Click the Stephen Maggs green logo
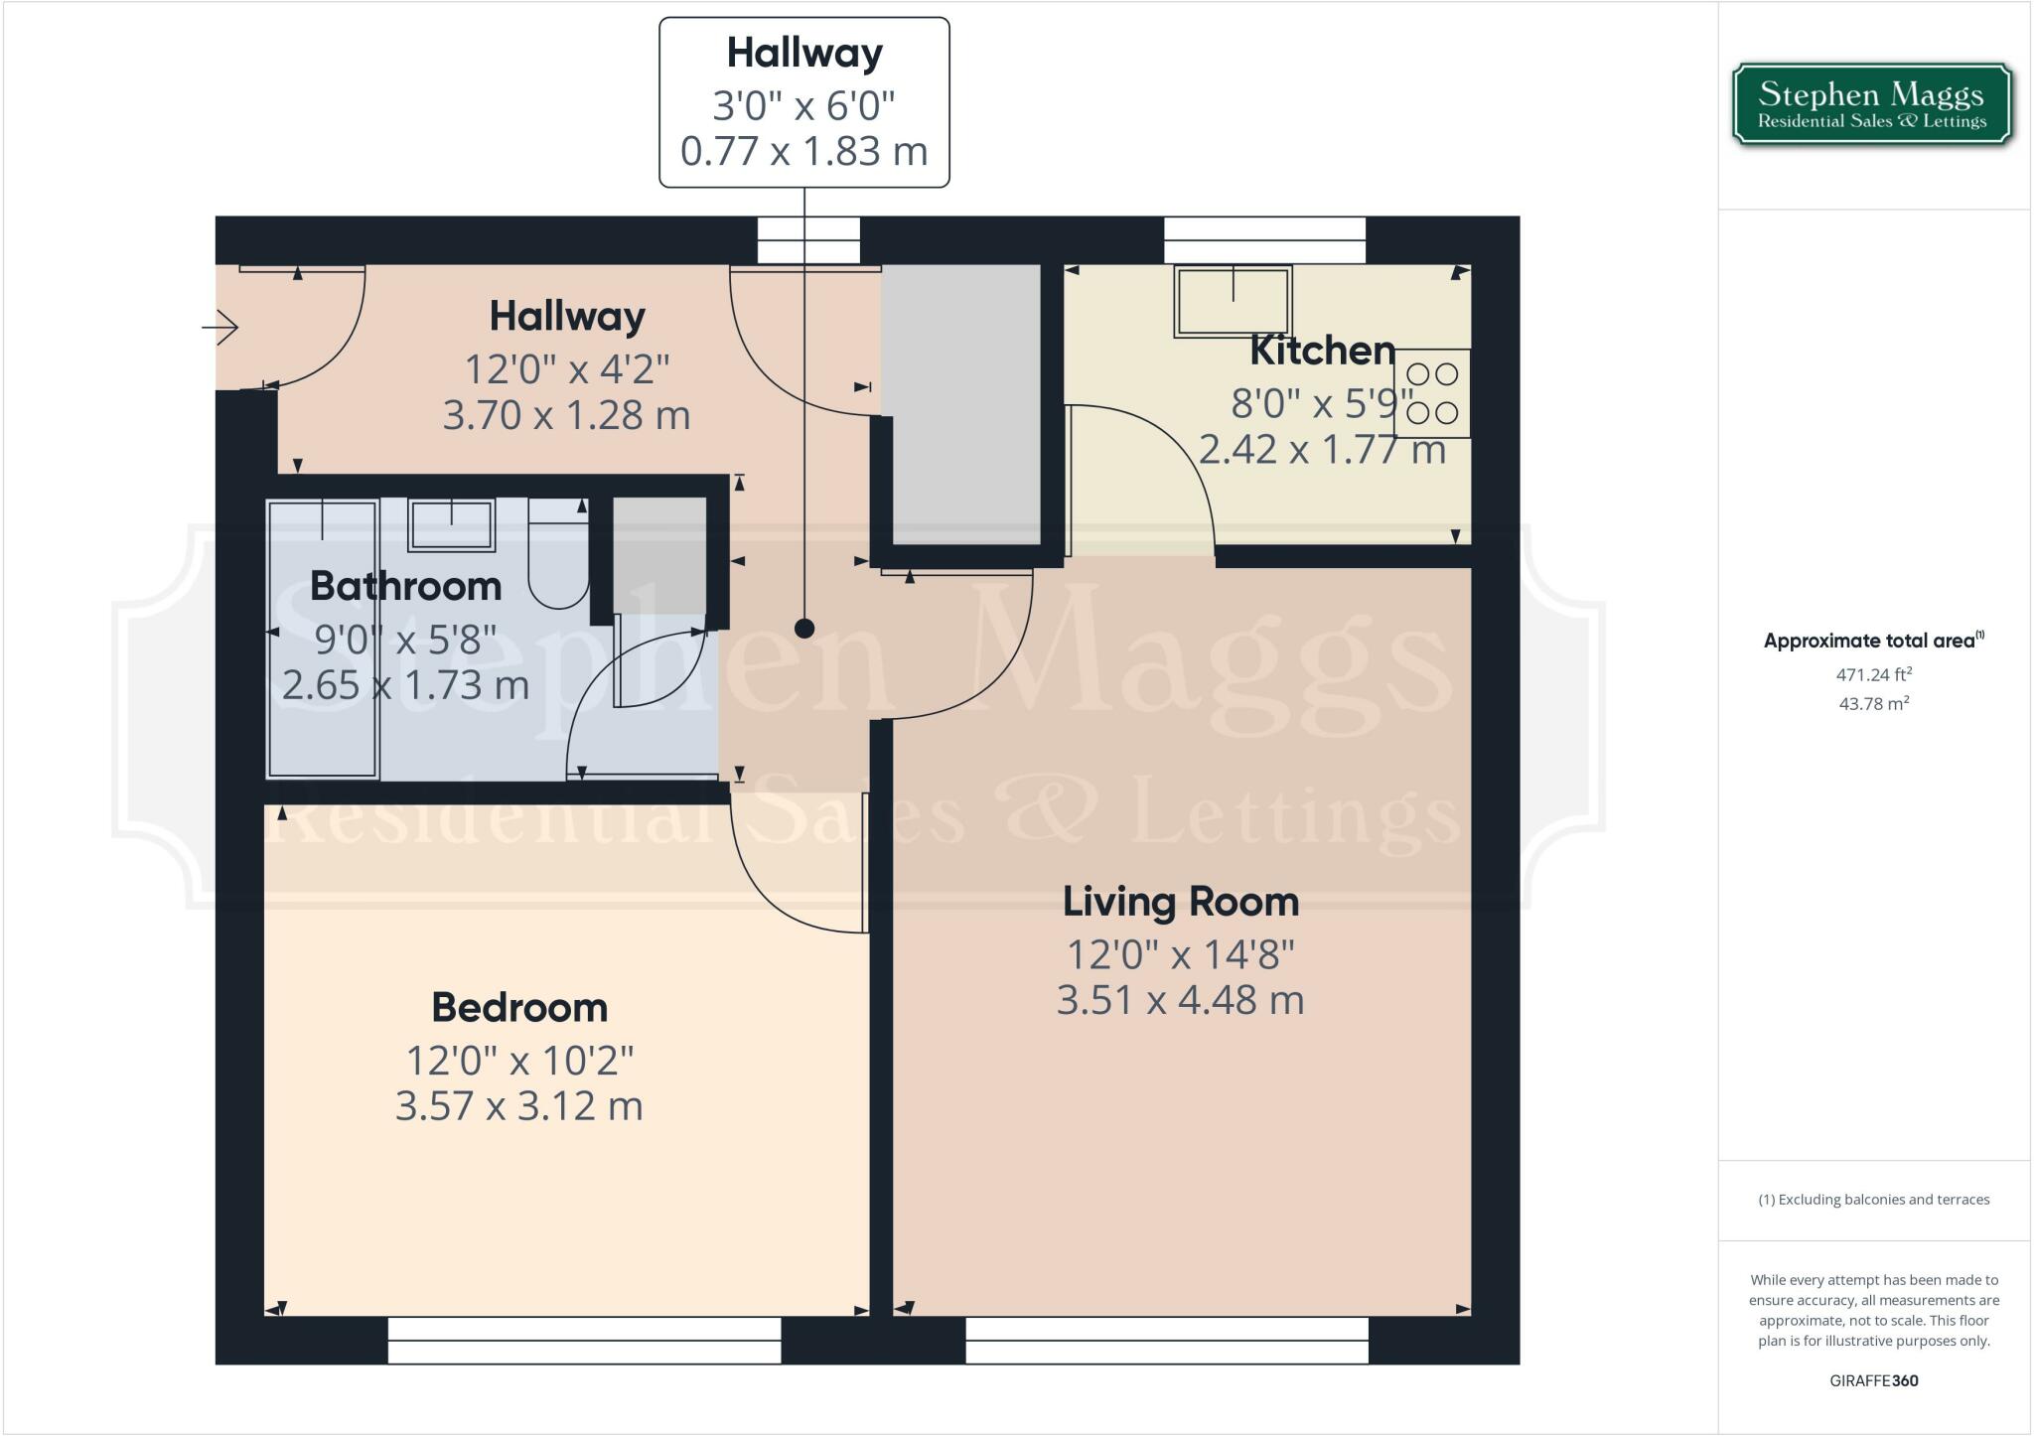[x=1872, y=105]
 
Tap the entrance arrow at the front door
[x=221, y=327]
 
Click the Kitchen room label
[x=1322, y=350]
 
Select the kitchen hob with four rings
[x=1432, y=393]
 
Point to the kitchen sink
[x=1233, y=301]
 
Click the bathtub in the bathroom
[x=323, y=639]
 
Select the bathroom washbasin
[x=452, y=525]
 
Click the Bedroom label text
[x=519, y=1007]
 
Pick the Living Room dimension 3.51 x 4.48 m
[x=1180, y=1000]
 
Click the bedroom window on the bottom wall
[x=584, y=1341]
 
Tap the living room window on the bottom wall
[x=1167, y=1341]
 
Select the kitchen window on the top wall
[x=1264, y=240]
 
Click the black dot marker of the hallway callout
[x=804, y=628]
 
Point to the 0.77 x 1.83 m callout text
[x=804, y=151]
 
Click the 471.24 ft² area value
[x=1873, y=674]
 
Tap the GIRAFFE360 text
[x=1873, y=1380]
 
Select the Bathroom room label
[x=405, y=586]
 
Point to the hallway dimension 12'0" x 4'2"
[x=567, y=369]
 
